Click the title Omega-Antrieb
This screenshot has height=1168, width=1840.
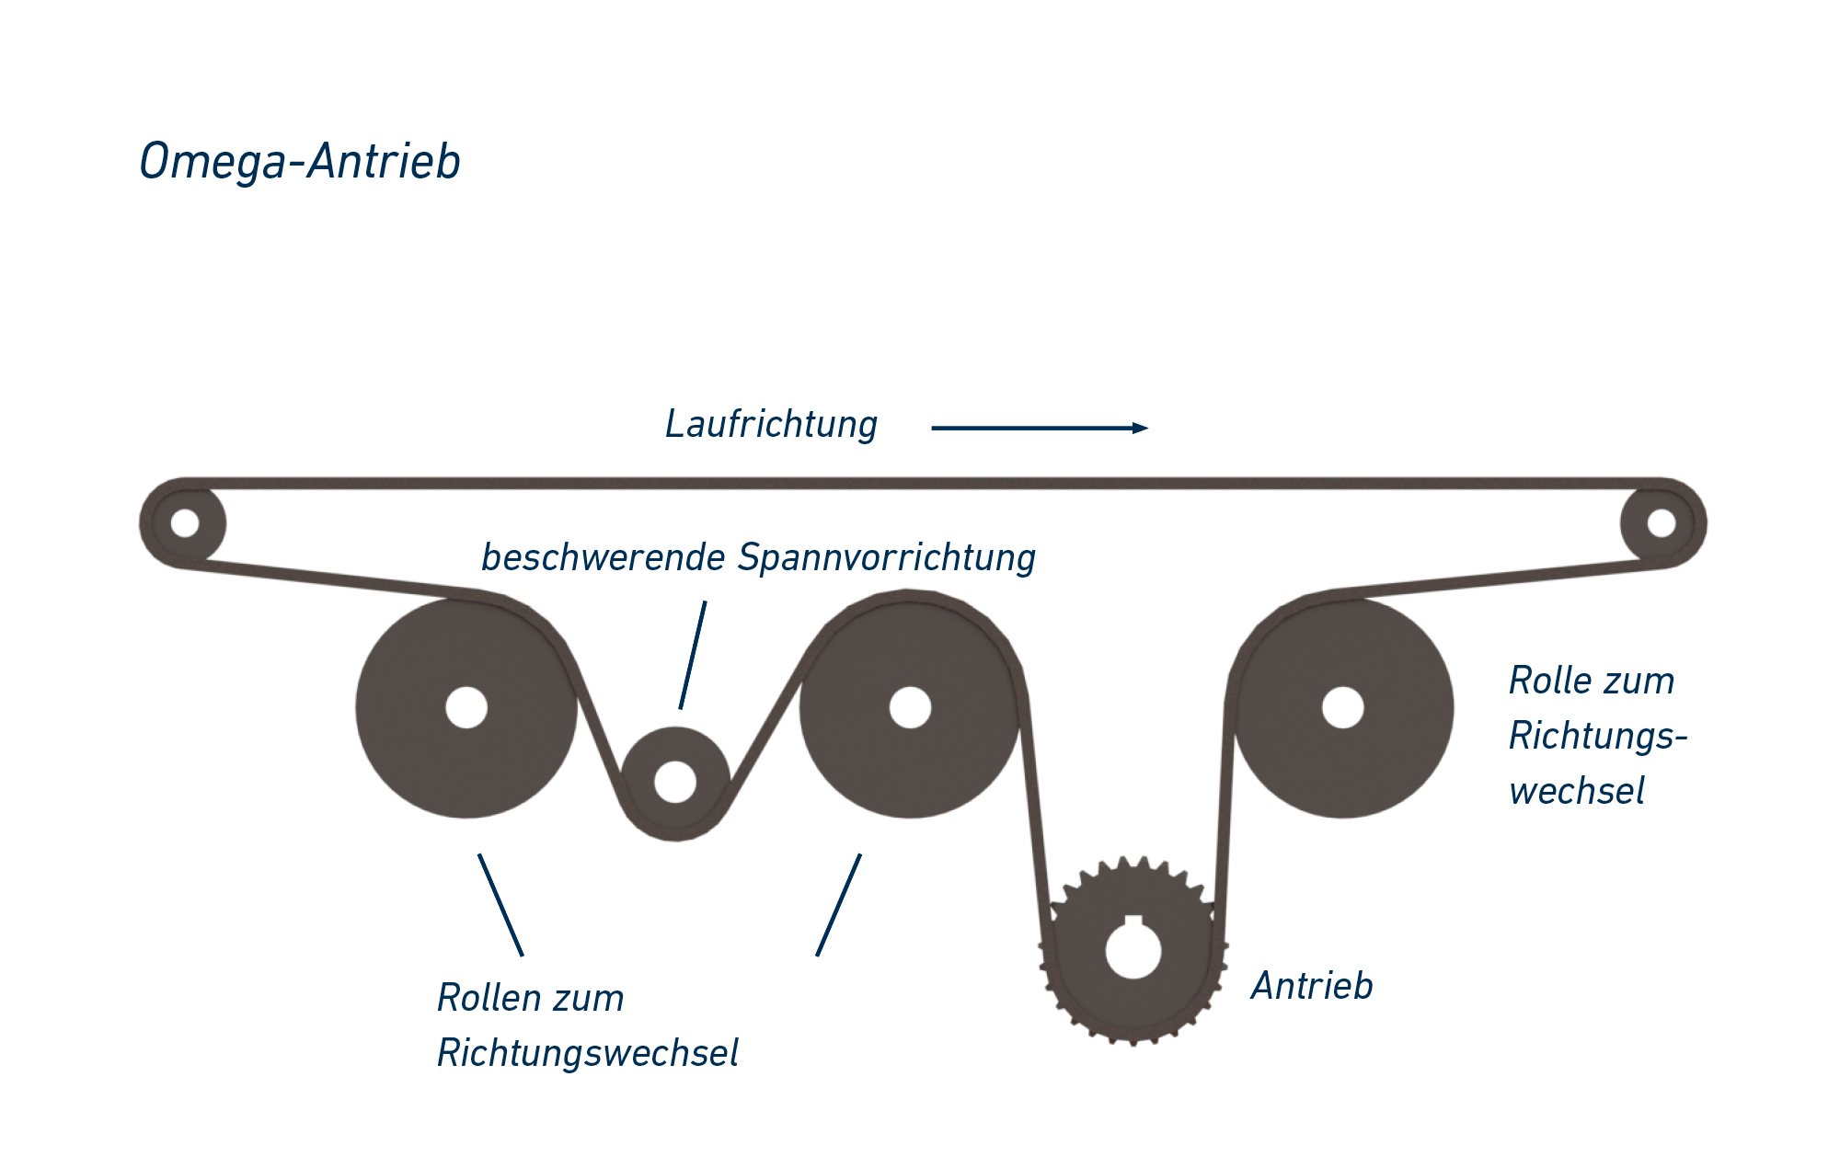point(300,162)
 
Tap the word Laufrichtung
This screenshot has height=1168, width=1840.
point(771,425)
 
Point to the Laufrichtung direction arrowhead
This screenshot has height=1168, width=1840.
point(1141,428)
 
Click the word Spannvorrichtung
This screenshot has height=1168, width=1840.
point(887,558)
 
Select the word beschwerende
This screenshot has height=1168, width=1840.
point(604,558)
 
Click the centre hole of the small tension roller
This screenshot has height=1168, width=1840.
point(675,782)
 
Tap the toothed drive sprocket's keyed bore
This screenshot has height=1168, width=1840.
point(1133,951)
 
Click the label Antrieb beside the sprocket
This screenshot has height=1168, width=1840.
point(1312,986)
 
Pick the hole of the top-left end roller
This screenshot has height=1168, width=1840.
point(185,522)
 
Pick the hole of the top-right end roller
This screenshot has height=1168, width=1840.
point(1662,522)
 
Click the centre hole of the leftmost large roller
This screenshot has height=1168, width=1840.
point(466,707)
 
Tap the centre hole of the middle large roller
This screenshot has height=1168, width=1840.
point(910,707)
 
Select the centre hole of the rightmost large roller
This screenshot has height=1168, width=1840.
point(1342,707)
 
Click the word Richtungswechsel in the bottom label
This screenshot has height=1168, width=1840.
point(587,1054)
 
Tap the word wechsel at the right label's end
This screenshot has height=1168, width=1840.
point(1576,792)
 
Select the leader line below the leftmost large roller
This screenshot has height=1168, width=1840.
point(500,905)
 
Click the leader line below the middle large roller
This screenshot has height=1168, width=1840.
point(838,905)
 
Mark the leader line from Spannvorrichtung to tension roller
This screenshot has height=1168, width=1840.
point(693,655)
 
